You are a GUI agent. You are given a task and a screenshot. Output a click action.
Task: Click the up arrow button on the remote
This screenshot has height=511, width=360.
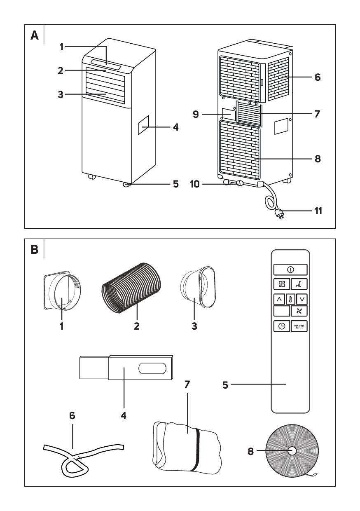click(x=278, y=299)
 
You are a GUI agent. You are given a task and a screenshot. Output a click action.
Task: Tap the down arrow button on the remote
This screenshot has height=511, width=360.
click(x=304, y=299)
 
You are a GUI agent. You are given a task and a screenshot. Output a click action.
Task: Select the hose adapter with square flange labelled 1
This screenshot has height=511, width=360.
click(x=61, y=289)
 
